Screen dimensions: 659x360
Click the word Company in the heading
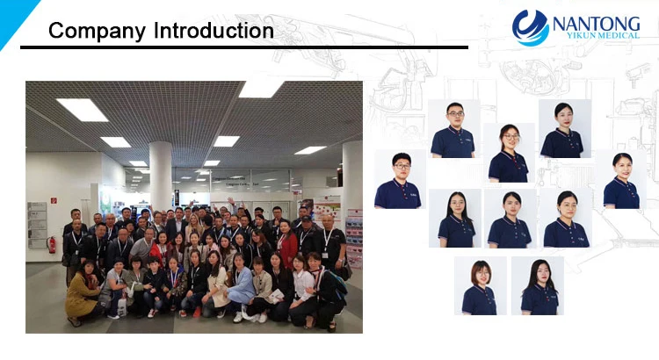pos(97,32)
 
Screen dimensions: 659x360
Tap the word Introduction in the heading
pos(214,31)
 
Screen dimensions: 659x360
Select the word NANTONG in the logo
pos(596,24)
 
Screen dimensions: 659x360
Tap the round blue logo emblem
pos(531,28)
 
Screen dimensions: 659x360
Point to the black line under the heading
pos(244,47)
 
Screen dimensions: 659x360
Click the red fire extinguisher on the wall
pos(52,244)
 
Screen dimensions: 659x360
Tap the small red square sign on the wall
pos(54,200)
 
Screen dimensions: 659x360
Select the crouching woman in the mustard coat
pos(82,292)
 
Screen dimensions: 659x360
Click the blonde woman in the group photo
pos(194,227)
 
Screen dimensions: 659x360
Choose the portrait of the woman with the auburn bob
pos(481,285)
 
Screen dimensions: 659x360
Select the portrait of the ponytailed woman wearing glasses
pos(509,153)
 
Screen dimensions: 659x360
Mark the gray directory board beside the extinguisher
pos(37,225)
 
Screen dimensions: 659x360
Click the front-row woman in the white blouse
pos(302,290)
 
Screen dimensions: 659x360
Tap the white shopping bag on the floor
pos(122,306)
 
